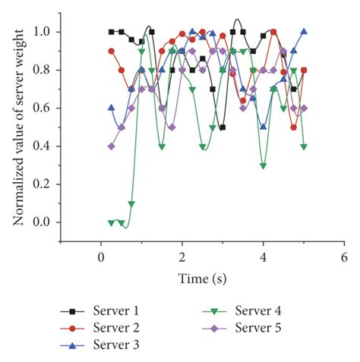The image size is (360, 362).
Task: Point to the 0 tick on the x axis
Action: click(x=102, y=258)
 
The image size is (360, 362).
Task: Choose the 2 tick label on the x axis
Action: click(x=182, y=258)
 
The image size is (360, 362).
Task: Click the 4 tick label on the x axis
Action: click(x=264, y=258)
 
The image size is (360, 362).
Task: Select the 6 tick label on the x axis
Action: click(x=344, y=258)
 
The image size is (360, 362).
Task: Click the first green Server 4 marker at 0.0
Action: click(x=112, y=222)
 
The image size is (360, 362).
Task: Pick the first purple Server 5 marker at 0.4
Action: click(x=112, y=146)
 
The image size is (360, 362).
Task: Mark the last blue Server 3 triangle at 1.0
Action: click(x=304, y=32)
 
